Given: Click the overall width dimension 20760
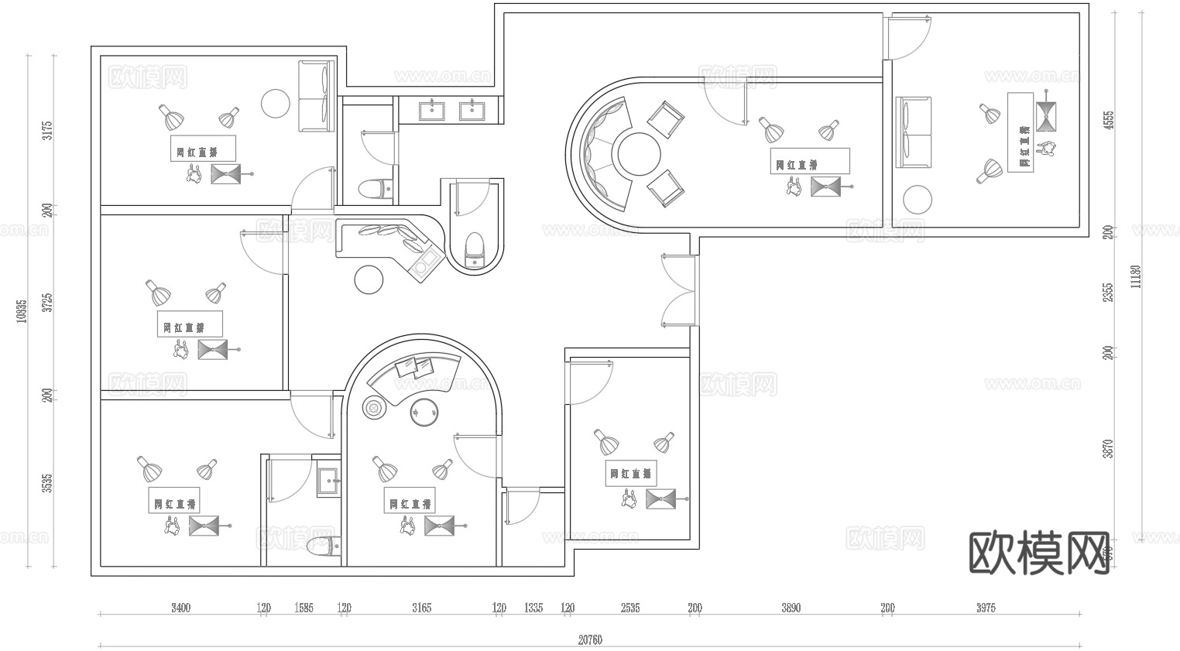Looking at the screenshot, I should pyautogui.click(x=589, y=639).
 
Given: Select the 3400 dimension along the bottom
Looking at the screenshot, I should pyautogui.click(x=180, y=608).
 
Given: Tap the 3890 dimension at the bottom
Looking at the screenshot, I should pyautogui.click(x=791, y=608).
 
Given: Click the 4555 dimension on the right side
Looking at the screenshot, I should pyautogui.click(x=1109, y=120).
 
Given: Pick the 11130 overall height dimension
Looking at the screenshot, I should pyautogui.click(x=1135, y=276).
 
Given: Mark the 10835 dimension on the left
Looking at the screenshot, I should pyautogui.click(x=22, y=310).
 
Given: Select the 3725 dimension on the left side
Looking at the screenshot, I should pyautogui.click(x=48, y=302).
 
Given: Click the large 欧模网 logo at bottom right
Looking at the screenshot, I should pyautogui.click(x=1039, y=553).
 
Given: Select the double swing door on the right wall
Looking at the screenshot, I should pyautogui.click(x=677, y=290).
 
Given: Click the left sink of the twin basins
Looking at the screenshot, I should pyautogui.click(x=431, y=110).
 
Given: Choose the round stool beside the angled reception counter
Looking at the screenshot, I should pyautogui.click(x=369, y=279).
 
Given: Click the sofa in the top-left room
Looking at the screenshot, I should pyautogui.click(x=315, y=98).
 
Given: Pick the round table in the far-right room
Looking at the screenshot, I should pyautogui.click(x=918, y=199).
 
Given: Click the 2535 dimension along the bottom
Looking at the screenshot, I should pyautogui.click(x=630, y=608).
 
